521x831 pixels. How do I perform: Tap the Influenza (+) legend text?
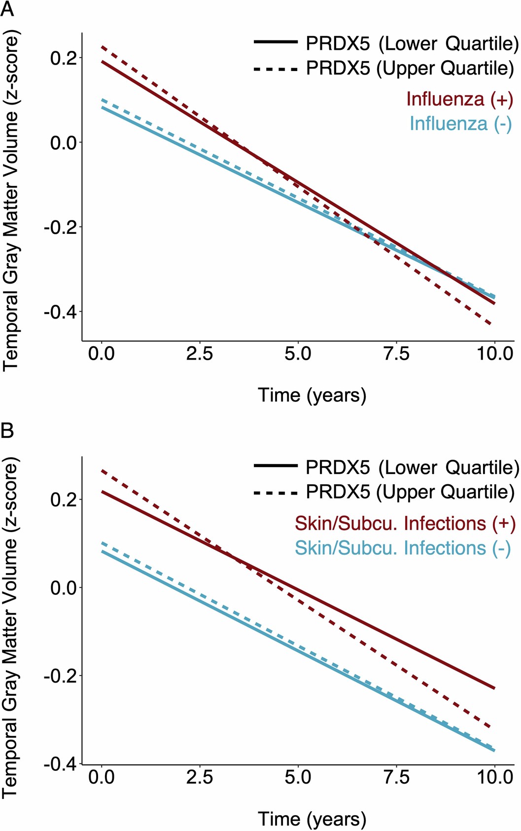pyautogui.click(x=459, y=99)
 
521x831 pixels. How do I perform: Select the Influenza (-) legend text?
pyautogui.click(x=460, y=123)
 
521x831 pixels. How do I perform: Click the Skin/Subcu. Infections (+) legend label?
pyautogui.click(x=405, y=523)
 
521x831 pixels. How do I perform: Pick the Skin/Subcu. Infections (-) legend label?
pyautogui.click(x=402, y=548)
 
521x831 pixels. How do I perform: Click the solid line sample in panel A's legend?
pyautogui.click(x=276, y=42)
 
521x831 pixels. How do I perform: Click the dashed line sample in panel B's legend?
pyautogui.click(x=276, y=492)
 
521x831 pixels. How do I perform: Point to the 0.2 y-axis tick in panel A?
pyautogui.click(x=64, y=58)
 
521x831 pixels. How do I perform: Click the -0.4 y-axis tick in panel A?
pyautogui.click(x=61, y=312)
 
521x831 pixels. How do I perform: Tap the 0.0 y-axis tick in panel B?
pyautogui.click(x=64, y=587)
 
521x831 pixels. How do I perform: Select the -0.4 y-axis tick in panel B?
pyautogui.click(x=61, y=763)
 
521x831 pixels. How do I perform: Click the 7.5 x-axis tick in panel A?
pyautogui.click(x=396, y=354)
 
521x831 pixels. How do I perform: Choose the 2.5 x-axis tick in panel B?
pyautogui.click(x=200, y=777)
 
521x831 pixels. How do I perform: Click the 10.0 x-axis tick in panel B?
pyautogui.click(x=494, y=777)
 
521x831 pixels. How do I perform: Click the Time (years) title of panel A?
pyautogui.click(x=312, y=396)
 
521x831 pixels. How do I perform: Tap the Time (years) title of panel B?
pyautogui.click(x=312, y=819)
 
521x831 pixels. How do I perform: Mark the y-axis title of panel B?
pyautogui.click(x=10, y=626)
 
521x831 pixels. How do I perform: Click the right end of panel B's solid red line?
pyautogui.click(x=494, y=687)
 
